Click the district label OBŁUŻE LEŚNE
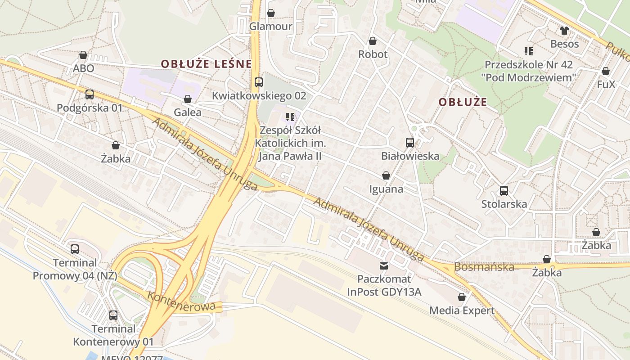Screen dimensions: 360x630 tap(206, 64)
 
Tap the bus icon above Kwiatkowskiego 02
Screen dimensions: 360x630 tap(258, 82)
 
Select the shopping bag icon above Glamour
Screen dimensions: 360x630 tap(271, 13)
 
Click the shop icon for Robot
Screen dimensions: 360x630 tap(373, 41)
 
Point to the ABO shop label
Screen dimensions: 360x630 tap(84, 68)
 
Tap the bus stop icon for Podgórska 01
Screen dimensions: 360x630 tap(90, 94)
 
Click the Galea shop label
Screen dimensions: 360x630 tap(188, 112)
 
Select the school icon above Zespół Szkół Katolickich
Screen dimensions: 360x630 tap(290, 117)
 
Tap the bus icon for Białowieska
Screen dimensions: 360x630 tap(410, 143)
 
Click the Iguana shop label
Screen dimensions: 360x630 tap(386, 189)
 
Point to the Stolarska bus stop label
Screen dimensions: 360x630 tap(504, 204)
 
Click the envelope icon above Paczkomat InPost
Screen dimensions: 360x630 tap(384, 266)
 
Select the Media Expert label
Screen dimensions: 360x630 tap(462, 310)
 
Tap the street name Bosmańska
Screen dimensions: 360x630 tap(484, 267)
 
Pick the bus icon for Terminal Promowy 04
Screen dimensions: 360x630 tap(75, 249)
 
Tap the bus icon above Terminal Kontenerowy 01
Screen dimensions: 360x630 tap(113, 315)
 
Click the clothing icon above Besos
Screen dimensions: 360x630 tap(564, 31)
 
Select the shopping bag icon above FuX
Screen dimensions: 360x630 tap(606, 71)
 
